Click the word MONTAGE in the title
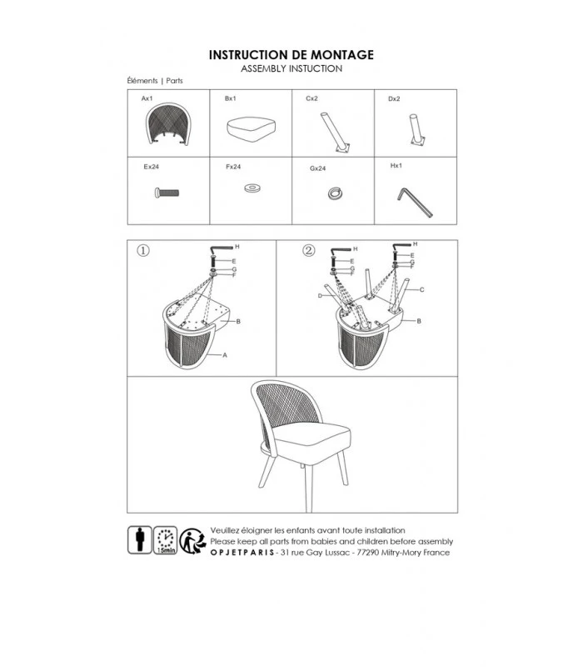(342, 55)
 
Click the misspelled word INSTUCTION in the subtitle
(316, 69)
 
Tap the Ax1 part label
(147, 98)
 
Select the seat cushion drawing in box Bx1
(252, 129)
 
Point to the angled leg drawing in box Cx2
(336, 133)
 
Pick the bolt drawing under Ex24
(167, 193)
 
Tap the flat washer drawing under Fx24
(252, 188)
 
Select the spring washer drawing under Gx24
(336, 193)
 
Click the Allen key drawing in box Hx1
(414, 203)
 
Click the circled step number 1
(143, 251)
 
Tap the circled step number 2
(309, 250)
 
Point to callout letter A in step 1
(225, 355)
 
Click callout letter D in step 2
(320, 296)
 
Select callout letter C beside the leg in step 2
(422, 289)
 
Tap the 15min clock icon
(165, 540)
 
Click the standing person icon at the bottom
(140, 539)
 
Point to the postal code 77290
(367, 553)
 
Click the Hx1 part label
(396, 165)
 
